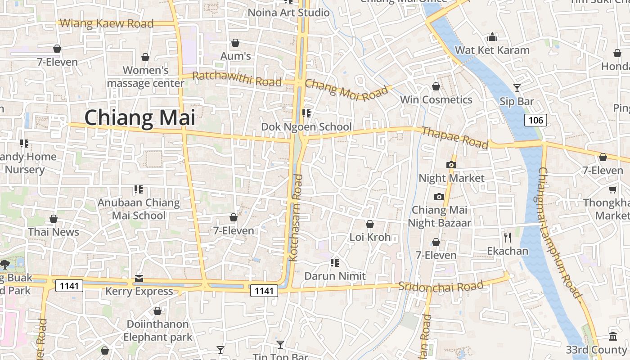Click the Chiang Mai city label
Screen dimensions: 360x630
(x=140, y=118)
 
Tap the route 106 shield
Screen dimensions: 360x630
(x=535, y=120)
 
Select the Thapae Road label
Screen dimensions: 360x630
(x=454, y=138)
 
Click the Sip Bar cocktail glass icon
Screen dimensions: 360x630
(x=517, y=88)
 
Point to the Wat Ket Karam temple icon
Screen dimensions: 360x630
(x=492, y=37)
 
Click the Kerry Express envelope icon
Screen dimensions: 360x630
(x=139, y=279)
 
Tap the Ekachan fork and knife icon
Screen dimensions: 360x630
(x=508, y=237)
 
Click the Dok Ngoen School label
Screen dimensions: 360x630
(x=306, y=127)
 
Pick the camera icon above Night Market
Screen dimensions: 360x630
(x=451, y=165)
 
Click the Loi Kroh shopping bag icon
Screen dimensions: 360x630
(x=370, y=224)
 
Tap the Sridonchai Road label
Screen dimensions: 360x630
(x=441, y=286)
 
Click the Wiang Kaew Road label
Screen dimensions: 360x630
(x=107, y=23)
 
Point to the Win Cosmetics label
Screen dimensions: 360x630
(x=436, y=100)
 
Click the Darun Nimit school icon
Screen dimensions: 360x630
(x=334, y=262)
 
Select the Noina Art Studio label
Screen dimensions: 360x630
(x=289, y=13)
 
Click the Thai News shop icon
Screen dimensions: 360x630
(x=54, y=219)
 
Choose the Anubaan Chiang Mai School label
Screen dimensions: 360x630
(x=139, y=209)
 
